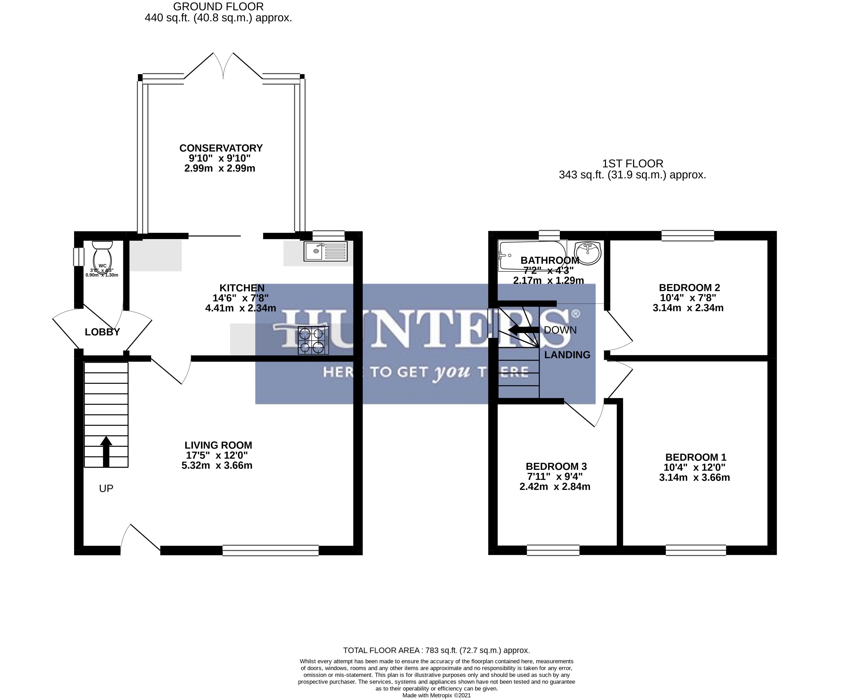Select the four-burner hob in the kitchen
(x=313, y=340)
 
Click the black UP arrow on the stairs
(x=106, y=451)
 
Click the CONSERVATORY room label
(x=221, y=148)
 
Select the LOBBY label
(x=102, y=332)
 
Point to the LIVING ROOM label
(x=218, y=445)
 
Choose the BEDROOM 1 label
(x=696, y=457)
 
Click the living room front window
(x=271, y=550)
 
